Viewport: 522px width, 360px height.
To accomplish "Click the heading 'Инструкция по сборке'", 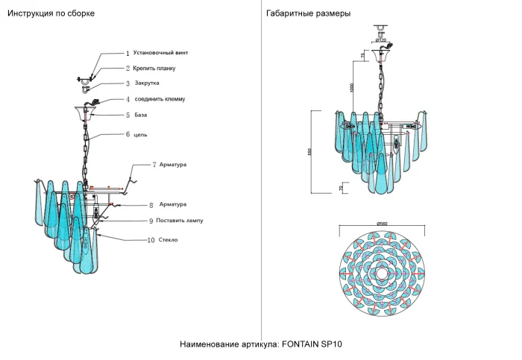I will (51, 14).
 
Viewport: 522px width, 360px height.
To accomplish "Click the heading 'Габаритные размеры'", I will (308, 14).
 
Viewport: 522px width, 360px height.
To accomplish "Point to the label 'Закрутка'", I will (147, 83).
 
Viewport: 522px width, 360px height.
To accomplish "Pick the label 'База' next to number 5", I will (141, 115).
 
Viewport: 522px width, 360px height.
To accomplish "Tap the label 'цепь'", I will (139, 135).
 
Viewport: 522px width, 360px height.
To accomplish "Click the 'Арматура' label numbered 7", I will (172, 164).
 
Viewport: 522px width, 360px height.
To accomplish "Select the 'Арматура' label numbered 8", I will (172, 203).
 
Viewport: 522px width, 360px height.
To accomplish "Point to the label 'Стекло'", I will (168, 240).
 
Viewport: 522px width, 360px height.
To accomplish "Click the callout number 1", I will (128, 54).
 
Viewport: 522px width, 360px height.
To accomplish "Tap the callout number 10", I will (151, 240).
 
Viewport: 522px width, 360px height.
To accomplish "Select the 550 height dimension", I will (319, 151).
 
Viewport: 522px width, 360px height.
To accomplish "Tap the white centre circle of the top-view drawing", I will (382, 274).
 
